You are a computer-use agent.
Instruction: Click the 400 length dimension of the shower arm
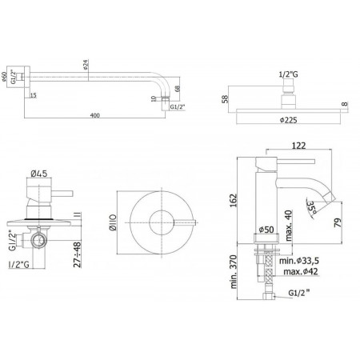[94, 117]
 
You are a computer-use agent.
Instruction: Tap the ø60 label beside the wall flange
[8, 78]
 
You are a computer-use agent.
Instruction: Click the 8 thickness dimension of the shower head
[345, 105]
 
